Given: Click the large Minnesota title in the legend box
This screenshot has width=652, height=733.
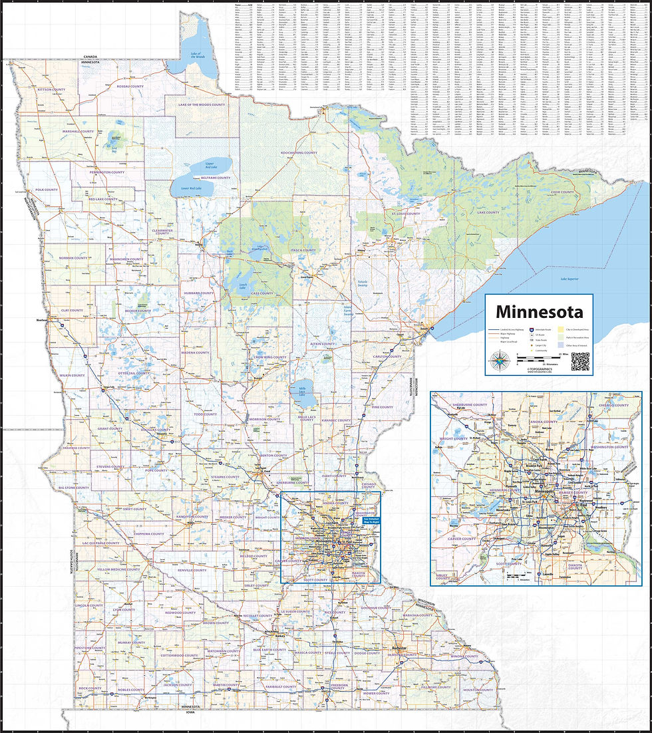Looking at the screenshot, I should tap(539, 311).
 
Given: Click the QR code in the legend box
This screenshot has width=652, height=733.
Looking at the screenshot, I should tap(580, 361).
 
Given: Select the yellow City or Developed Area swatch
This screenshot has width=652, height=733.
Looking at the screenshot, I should tap(560, 329).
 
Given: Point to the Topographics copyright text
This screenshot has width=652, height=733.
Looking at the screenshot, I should tap(539, 370).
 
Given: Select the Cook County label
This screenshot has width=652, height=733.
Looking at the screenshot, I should tap(562, 192).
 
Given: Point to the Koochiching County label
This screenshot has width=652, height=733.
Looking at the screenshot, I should tap(299, 152).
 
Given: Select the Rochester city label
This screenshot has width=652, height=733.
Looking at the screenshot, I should tap(399, 647).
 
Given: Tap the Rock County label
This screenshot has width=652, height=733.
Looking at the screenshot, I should tap(90, 688).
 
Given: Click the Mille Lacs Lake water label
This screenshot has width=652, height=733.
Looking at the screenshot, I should tap(303, 391).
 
